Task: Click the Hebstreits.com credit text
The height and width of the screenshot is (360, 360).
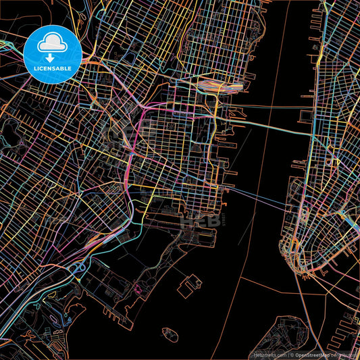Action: tap(269, 355)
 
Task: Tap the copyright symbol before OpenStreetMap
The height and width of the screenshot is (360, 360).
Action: tap(293, 355)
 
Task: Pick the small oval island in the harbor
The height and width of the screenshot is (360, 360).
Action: tap(169, 333)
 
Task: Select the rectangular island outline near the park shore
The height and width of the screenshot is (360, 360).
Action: tap(190, 285)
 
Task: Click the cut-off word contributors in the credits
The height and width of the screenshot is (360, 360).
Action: tap(348, 355)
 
